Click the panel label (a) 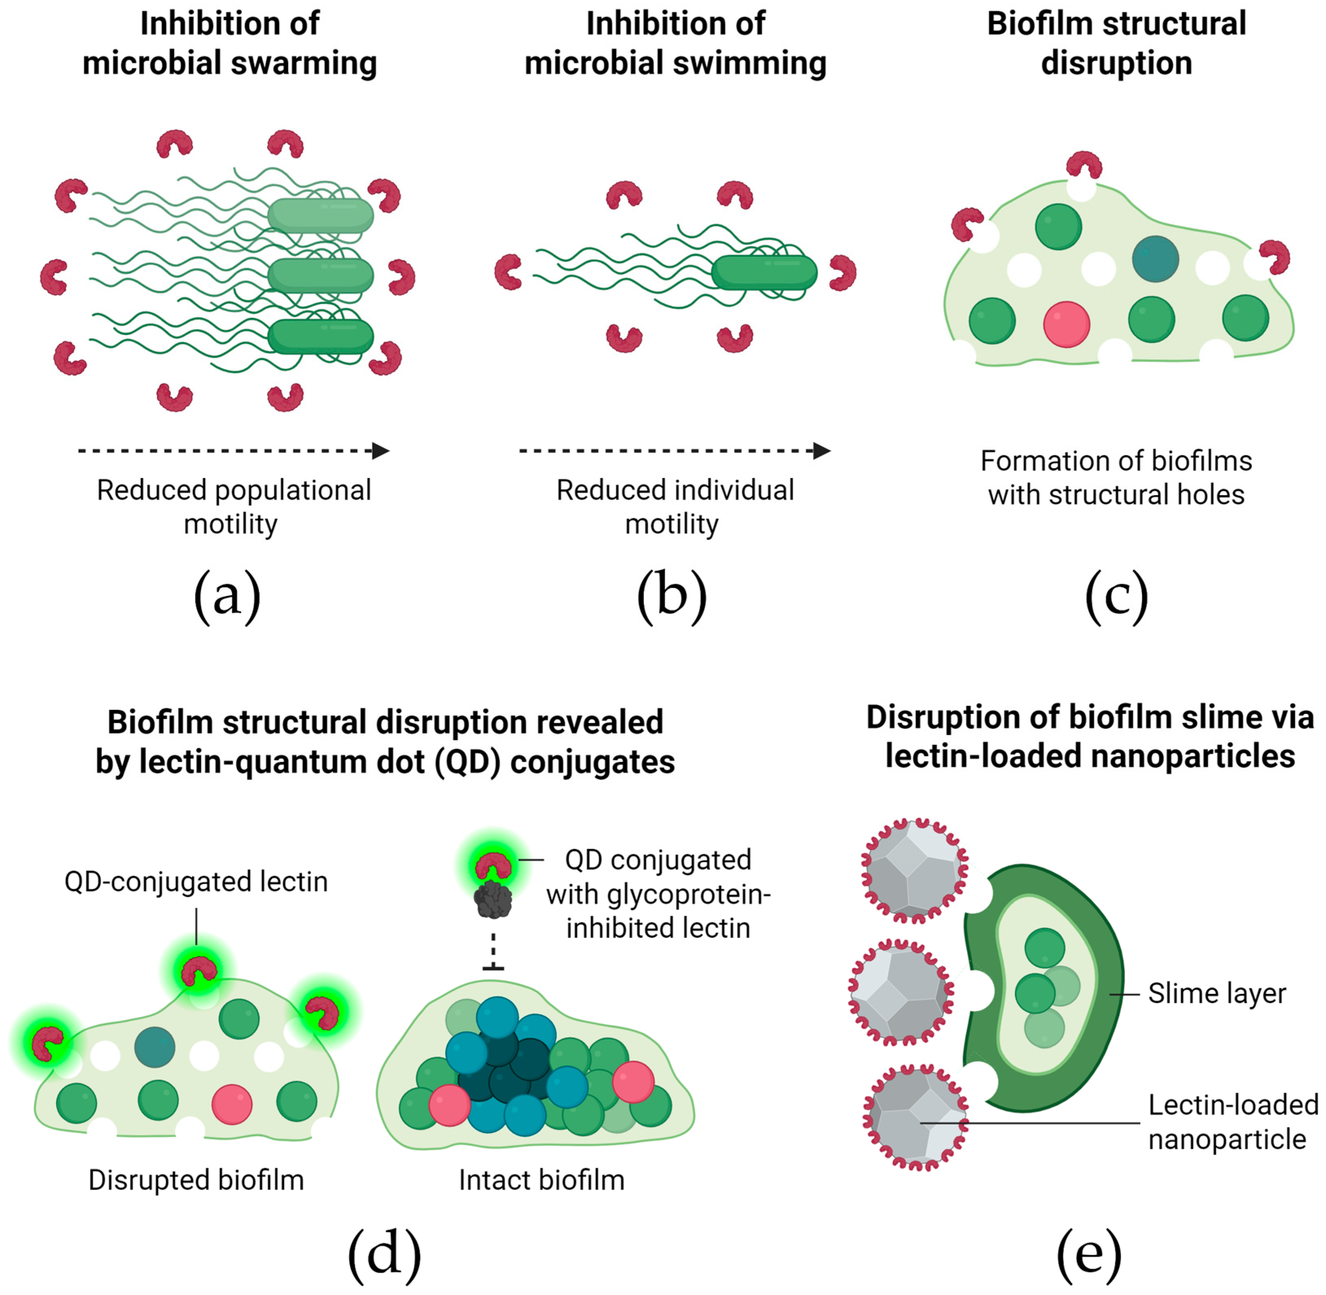coord(227,596)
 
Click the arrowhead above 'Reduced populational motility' coord(380,450)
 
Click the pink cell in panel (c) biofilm coord(1066,324)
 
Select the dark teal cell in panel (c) coord(1155,258)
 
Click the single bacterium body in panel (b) coord(763,273)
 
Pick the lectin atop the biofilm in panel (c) coord(1084,165)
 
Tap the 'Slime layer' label coord(1217,994)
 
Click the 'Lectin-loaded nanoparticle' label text coord(1233,1122)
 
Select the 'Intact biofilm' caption coord(542,1180)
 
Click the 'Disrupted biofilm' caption coord(196,1180)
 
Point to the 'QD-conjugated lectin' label coord(196,882)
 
